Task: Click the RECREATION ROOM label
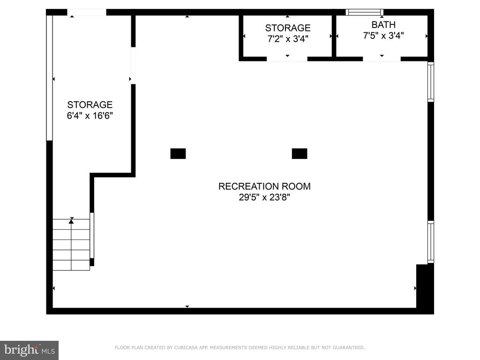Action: coord(264,186)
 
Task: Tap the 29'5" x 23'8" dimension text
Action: coord(264,197)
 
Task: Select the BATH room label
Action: coord(383,24)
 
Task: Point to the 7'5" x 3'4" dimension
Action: coord(383,36)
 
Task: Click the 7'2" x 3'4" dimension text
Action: coord(288,39)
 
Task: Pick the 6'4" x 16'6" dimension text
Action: coord(90,116)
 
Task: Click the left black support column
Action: coord(178,154)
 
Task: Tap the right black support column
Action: coord(300,154)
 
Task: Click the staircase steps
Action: coord(71,245)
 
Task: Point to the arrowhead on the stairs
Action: coord(71,221)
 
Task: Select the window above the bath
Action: coord(364,12)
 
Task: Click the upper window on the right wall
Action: coord(431,82)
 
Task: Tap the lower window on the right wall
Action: coord(431,242)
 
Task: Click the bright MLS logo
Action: coord(30,350)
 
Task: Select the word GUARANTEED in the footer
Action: coord(349,347)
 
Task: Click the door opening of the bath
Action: coord(382,59)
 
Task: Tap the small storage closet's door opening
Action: coord(287,59)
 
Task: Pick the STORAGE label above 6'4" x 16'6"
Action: coord(90,105)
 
